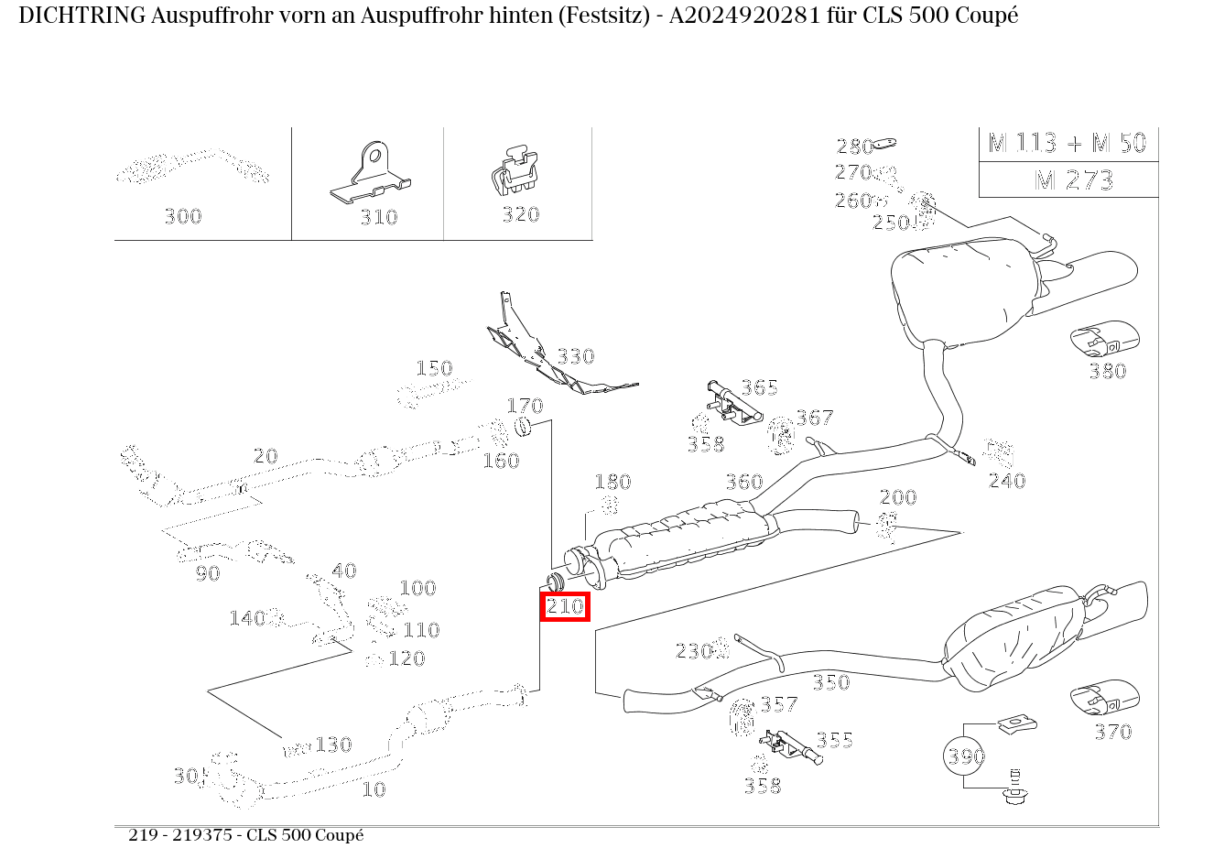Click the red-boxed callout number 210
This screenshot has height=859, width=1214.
point(565,606)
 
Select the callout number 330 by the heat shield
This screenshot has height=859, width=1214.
point(575,356)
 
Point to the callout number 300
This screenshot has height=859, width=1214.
point(182,216)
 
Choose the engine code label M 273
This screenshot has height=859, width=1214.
point(1073,179)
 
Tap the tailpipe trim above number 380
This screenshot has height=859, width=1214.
point(1104,339)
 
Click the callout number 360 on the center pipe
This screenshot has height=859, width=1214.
point(744,482)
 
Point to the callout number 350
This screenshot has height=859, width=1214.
point(830,682)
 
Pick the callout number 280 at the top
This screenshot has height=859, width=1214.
point(854,147)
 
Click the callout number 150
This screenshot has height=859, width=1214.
point(434,368)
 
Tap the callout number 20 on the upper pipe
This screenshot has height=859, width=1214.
point(265,456)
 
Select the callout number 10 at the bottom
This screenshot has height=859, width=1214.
point(374,789)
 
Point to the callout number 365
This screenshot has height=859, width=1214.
point(759,387)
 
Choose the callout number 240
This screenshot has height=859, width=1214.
point(1006,481)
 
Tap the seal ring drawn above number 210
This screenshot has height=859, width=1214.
point(555,582)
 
